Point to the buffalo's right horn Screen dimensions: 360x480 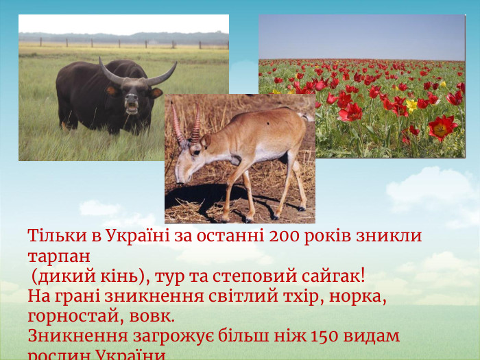click(x=162, y=73)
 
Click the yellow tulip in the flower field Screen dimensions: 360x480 click(x=411, y=105)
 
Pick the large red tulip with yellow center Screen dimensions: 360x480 click(x=440, y=127)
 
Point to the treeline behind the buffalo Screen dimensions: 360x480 click(x=123, y=38)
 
